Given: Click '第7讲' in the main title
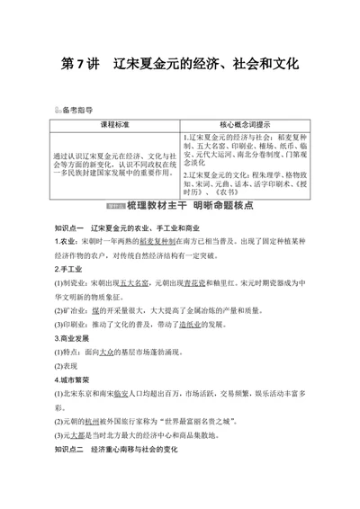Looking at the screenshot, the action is click(x=80, y=66).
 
